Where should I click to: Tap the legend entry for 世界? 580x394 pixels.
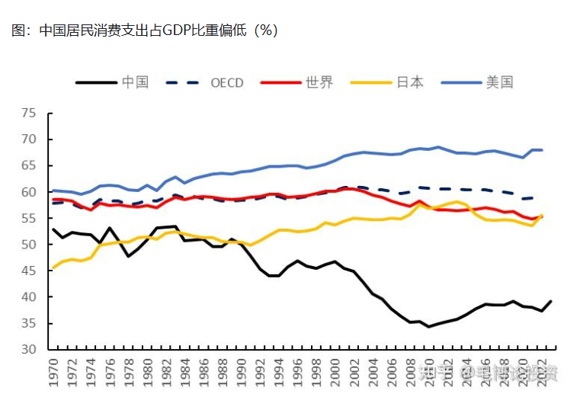[319, 82]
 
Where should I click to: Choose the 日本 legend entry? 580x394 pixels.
[409, 82]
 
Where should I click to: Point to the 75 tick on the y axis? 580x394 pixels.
[30, 114]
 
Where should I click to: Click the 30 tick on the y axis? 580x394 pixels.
[30, 350]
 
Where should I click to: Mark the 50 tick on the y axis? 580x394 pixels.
[30, 245]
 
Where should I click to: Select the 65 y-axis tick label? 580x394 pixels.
[30, 166]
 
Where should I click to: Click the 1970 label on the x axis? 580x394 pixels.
[53, 373]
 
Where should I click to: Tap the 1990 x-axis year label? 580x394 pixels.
[242, 373]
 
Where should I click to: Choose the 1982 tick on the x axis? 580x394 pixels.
[166, 373]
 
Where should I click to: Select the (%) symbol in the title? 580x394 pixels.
[265, 30]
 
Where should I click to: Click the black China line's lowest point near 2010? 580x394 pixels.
[429, 326]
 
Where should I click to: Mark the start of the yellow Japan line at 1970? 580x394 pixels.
[52, 267]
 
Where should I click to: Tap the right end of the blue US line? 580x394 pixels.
[542, 149]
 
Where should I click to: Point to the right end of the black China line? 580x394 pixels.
[551, 301]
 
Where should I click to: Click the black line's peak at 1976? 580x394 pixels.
[110, 228]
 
